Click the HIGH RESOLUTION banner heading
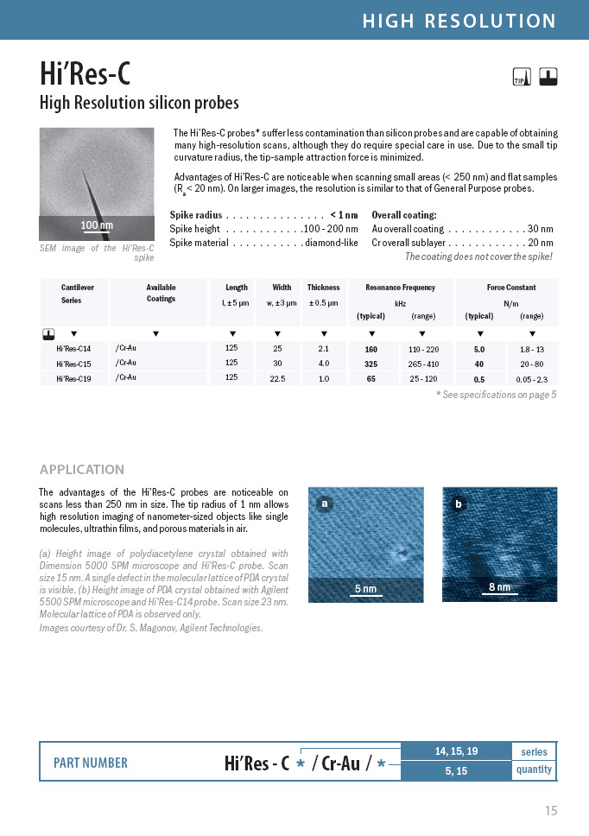pyautogui.click(x=459, y=21)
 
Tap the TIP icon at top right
pyautogui.click(x=520, y=77)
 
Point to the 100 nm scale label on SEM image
pyautogui.click(x=97, y=225)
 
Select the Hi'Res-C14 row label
pyautogui.click(x=73, y=349)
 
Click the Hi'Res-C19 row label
pyautogui.click(x=73, y=378)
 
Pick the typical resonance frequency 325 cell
pyautogui.click(x=370, y=364)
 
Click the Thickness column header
pyautogui.click(x=323, y=288)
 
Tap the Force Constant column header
pyautogui.click(x=511, y=288)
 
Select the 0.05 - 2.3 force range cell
pyautogui.click(x=532, y=378)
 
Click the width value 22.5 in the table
pyautogui.click(x=277, y=378)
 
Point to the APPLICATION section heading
pyautogui.click(x=82, y=470)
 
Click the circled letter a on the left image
pyautogui.click(x=325, y=503)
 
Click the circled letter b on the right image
pyautogui.click(x=458, y=503)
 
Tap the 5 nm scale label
pyautogui.click(x=365, y=589)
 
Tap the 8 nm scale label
pyautogui.click(x=499, y=587)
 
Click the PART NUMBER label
pyautogui.click(x=91, y=763)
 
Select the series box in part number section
pyautogui.click(x=534, y=751)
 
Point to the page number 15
pyautogui.click(x=551, y=810)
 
